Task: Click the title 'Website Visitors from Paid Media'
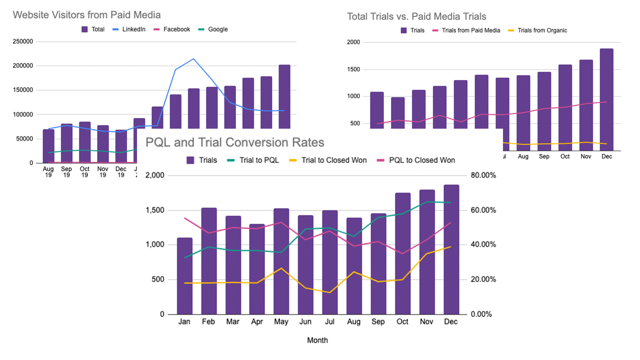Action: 87,15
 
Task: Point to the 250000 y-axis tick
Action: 23,41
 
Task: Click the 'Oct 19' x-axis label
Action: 85,172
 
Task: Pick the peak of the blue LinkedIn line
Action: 194,59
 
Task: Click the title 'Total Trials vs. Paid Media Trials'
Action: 416,16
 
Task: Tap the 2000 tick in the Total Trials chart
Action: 353,42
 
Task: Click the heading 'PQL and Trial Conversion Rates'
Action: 235,142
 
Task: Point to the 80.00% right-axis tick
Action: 483,175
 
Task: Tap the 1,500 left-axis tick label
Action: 155,210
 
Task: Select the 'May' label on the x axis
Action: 281,322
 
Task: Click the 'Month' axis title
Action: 317,340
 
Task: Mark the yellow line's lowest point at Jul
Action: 330,293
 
